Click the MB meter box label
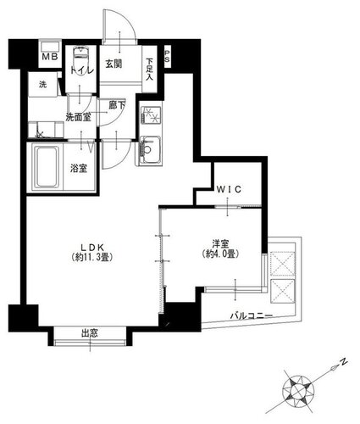point(50,57)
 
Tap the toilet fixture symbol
point(81,57)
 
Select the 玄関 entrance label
point(114,64)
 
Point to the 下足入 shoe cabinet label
point(149,69)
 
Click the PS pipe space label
point(167,57)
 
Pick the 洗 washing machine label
point(42,84)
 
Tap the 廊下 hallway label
point(117,105)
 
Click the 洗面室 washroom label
point(79,117)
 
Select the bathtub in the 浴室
point(47,166)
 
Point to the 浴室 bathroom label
point(79,169)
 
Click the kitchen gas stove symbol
point(151,115)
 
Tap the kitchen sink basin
point(152,150)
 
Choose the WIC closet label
point(229,189)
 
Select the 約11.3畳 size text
point(92,257)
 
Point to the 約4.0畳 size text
point(221,254)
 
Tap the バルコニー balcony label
point(251,315)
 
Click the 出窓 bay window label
point(90,333)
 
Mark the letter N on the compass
point(343,361)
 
